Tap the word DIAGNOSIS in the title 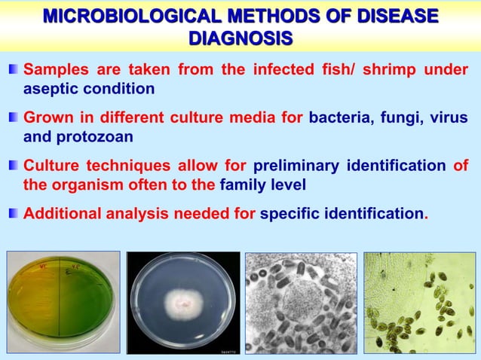click(240, 38)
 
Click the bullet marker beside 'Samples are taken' click(13, 71)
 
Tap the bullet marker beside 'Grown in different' click(13, 118)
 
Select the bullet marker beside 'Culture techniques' click(13, 166)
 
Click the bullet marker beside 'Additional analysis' click(13, 214)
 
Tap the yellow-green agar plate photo click(63, 304)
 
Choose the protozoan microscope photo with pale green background click(419, 304)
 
